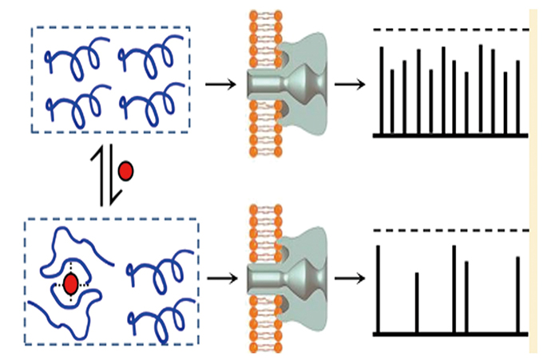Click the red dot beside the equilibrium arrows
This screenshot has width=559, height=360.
tap(125, 171)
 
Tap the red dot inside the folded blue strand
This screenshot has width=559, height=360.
tap(71, 283)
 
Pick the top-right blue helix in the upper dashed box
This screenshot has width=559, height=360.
tap(149, 58)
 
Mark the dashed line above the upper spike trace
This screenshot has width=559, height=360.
tap(451, 30)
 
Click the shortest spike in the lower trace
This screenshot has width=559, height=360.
tap(417, 302)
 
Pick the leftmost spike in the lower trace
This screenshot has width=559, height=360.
tap(378, 287)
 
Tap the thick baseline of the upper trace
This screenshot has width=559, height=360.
tap(451, 136)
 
